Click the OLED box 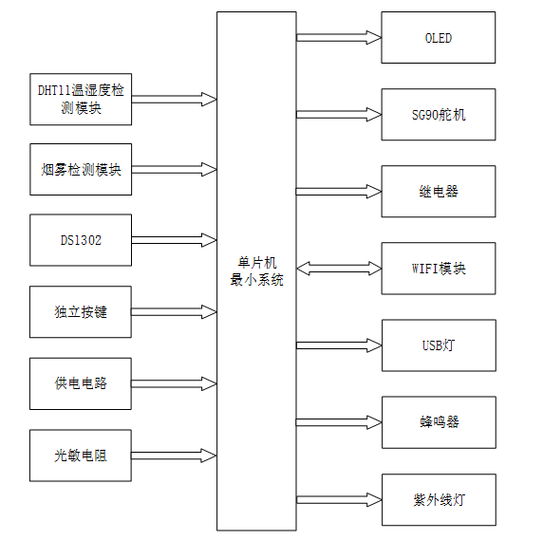click(x=438, y=38)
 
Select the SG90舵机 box click(x=438, y=115)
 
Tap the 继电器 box click(x=438, y=191)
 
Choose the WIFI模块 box click(x=438, y=269)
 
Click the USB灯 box click(x=438, y=345)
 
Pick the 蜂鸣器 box click(x=438, y=421)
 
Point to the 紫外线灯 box click(x=438, y=499)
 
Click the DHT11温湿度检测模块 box click(x=81, y=99)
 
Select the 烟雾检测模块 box click(x=81, y=170)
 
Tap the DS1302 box click(x=81, y=240)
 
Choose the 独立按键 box click(x=81, y=311)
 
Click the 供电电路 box click(x=81, y=383)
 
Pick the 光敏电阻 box click(x=81, y=456)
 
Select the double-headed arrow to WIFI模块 click(x=339, y=270)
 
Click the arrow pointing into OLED click(x=339, y=38)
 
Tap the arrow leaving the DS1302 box click(x=174, y=240)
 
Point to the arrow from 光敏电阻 click(x=174, y=456)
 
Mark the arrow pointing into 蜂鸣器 click(x=339, y=421)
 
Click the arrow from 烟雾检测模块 click(x=174, y=170)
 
